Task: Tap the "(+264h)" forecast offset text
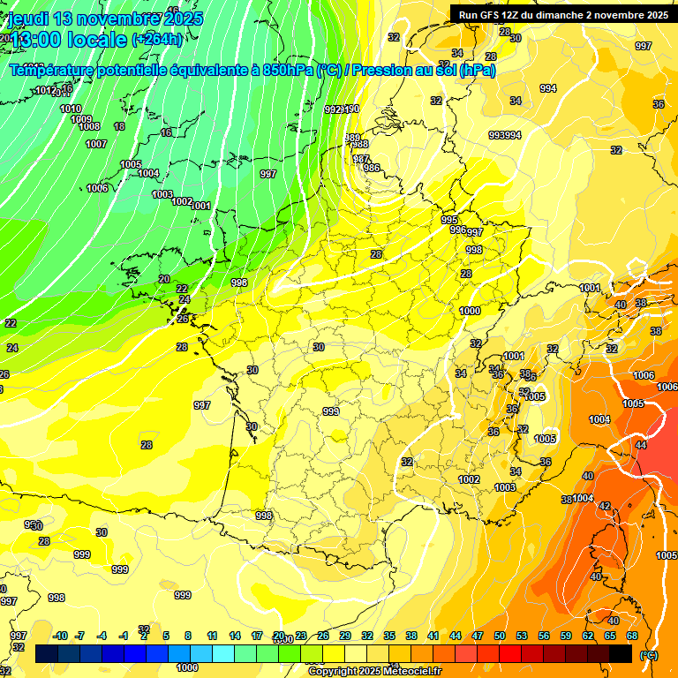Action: (158, 39)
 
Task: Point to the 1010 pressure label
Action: (71, 109)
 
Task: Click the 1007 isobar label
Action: (96, 144)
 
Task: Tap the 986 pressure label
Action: (372, 168)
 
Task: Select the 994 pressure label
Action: (548, 88)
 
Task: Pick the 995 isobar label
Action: (449, 220)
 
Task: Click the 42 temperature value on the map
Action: (605, 506)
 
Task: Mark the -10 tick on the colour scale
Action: (60, 636)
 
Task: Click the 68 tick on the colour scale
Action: (632, 636)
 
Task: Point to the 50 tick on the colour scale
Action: (500, 636)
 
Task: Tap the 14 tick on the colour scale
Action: (235, 636)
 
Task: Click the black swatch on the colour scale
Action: (621, 653)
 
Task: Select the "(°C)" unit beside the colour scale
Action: (649, 654)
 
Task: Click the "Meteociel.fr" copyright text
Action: (410, 672)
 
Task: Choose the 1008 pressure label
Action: (89, 127)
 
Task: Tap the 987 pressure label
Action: (361, 159)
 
